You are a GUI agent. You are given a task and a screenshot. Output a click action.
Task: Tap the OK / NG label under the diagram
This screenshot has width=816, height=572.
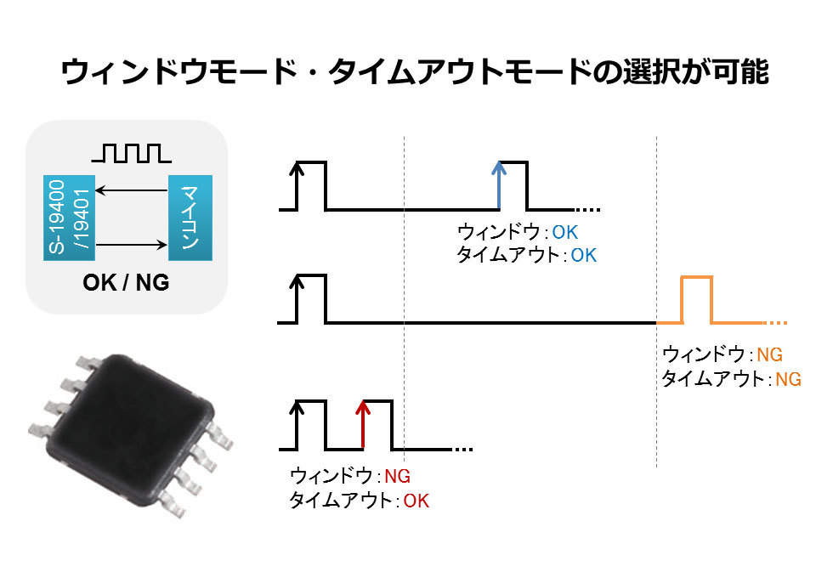[126, 282]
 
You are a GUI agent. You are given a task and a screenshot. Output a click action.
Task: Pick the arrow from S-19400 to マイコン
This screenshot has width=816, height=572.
[131, 246]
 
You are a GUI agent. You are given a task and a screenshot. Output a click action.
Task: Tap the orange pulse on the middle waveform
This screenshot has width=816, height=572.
[696, 299]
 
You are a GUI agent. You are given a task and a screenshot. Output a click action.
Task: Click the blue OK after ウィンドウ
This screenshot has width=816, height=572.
[565, 232]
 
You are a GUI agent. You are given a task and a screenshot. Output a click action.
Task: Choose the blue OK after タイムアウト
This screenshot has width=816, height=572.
[584, 255]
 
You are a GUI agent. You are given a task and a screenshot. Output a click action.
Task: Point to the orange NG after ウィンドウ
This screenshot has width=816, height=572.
[769, 354]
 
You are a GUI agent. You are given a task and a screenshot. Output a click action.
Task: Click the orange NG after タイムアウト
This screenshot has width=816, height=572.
[788, 379]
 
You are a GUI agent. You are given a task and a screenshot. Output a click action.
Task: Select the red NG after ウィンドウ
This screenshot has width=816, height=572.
[398, 476]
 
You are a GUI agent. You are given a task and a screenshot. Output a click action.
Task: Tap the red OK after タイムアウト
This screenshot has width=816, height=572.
[416, 501]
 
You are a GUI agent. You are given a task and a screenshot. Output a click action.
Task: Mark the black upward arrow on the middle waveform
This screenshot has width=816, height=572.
[297, 297]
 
